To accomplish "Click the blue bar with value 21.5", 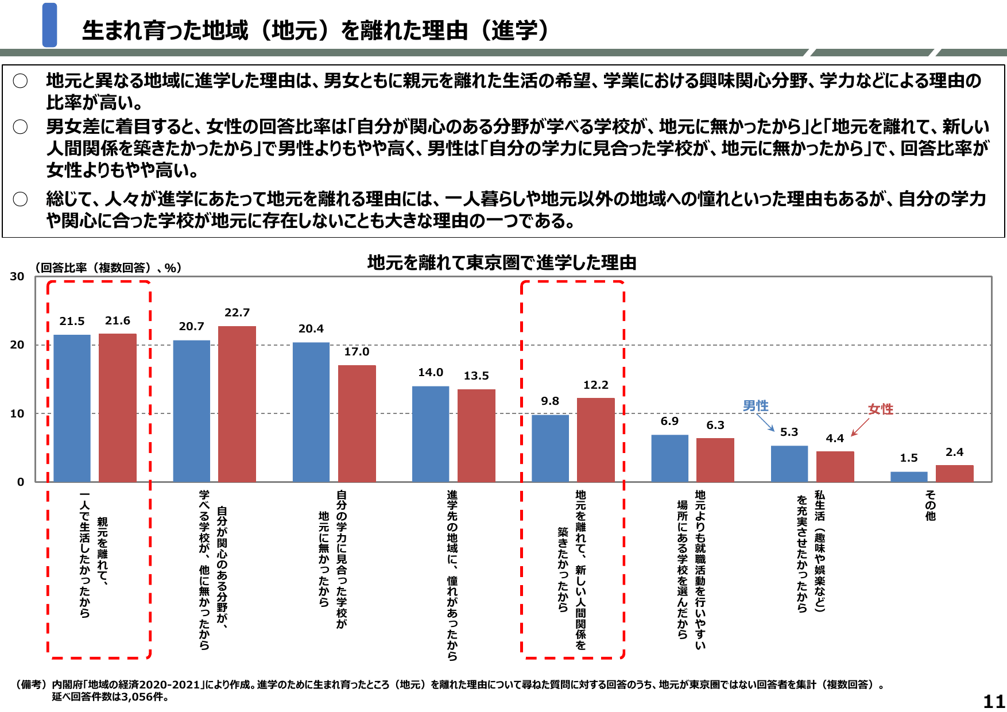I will pos(72,408).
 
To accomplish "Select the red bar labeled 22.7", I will pos(237,404).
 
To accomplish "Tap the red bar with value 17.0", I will pos(357,423).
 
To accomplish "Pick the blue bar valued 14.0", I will pos(431,434).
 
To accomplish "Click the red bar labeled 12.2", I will pos(595,439).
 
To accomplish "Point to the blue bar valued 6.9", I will pos(669,458).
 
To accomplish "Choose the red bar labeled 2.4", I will pos(954,473).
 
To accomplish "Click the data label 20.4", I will pos(311,328).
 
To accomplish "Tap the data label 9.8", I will pos(549,401).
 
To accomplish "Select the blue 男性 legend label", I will pos(755,406).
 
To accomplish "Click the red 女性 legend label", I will pos(880,409).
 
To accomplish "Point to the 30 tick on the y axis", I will pos(17,276).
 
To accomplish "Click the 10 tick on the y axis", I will pos(17,413).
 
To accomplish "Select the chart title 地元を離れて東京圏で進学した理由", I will pos(502,262).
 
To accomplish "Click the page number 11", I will pos(994,701).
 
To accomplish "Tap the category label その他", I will pos(930,505).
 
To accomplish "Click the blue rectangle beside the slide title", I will pos(50,25).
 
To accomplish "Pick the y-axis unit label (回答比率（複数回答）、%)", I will pos(108,268).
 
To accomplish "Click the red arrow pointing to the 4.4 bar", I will pos(859,427).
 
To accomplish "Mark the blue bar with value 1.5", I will pos(908,477).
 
